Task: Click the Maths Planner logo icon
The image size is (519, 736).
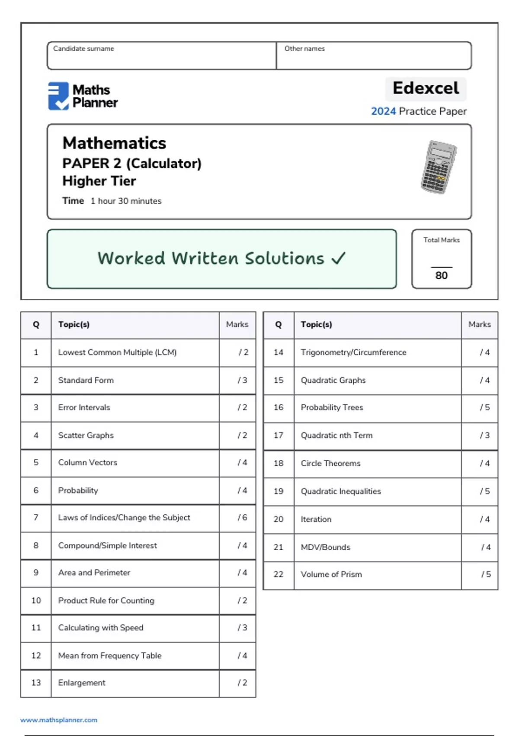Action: point(58,96)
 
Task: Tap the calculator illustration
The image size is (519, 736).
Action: point(439,167)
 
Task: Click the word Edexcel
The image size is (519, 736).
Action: point(426,88)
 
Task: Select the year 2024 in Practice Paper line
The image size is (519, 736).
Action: point(383,111)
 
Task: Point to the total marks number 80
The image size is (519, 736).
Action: point(441,275)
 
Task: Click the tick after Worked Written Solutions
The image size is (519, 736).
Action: point(338,258)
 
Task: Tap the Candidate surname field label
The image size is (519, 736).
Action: point(83,48)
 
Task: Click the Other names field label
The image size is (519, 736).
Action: point(304,48)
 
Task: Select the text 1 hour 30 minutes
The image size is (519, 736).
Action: point(126,201)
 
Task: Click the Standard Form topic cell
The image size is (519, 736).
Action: point(86,380)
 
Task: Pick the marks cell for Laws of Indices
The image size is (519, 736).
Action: point(242,517)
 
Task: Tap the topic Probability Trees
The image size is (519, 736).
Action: point(332,407)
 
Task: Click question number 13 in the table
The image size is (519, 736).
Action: point(36,683)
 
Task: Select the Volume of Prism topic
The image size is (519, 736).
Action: point(331,575)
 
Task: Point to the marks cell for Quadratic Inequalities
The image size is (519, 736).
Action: point(484,491)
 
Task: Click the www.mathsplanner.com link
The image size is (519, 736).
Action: point(59,720)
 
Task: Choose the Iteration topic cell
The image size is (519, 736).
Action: point(316,519)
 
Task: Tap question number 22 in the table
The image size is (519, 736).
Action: point(279,575)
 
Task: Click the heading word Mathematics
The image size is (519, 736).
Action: point(114,143)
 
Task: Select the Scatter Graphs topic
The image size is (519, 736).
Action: point(86,435)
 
